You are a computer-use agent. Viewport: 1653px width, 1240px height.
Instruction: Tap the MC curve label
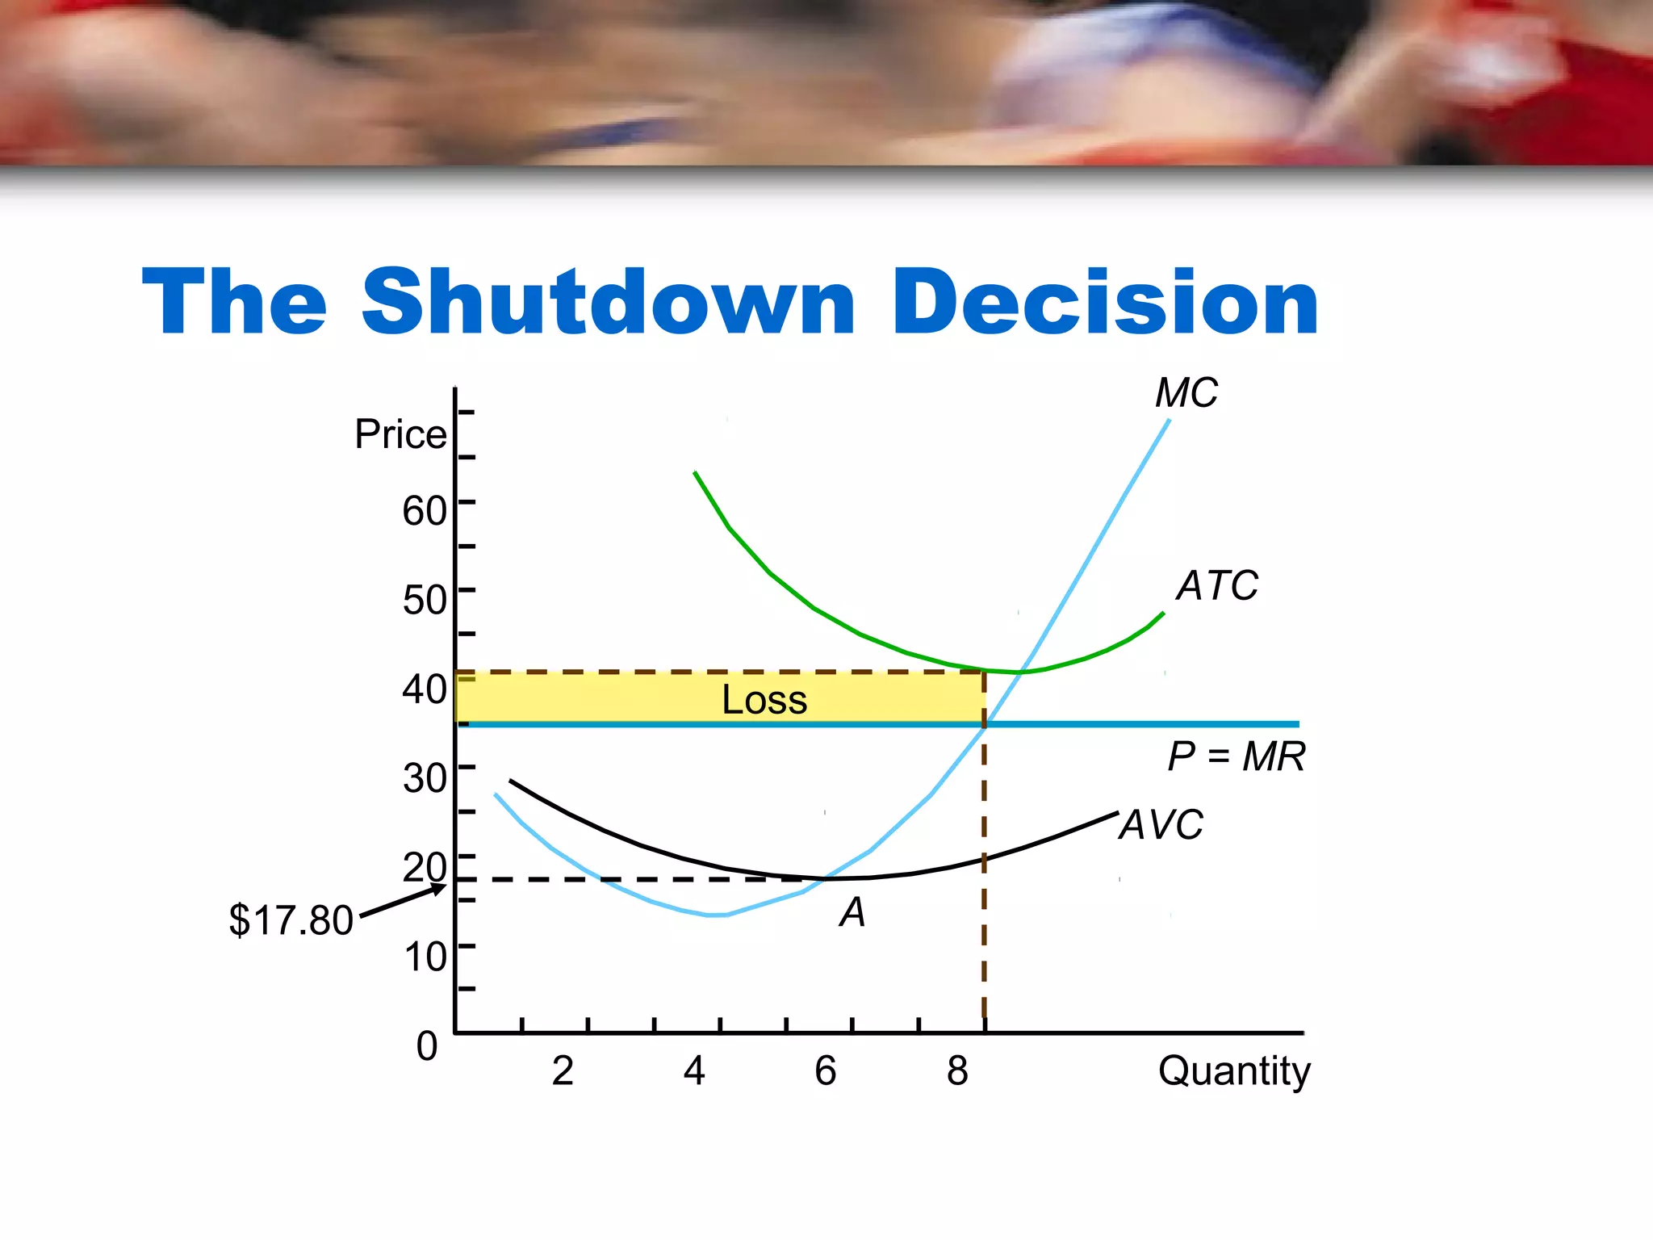coord(1186,394)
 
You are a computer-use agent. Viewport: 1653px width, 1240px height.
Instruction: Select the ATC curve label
coord(1216,585)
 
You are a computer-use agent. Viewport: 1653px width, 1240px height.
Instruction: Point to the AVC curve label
coord(1161,825)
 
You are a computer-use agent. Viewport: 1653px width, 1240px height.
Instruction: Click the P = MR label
coord(1236,757)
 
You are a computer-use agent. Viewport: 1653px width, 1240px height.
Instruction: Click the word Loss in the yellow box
coord(764,699)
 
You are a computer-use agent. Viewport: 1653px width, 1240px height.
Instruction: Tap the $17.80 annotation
coord(291,920)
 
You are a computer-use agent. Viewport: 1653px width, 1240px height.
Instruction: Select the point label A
coord(852,913)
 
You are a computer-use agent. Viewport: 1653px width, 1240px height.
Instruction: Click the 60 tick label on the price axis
coord(425,511)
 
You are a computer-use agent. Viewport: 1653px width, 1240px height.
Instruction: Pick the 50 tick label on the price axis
coord(425,600)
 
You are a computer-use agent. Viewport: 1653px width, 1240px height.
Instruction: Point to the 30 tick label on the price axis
coord(425,778)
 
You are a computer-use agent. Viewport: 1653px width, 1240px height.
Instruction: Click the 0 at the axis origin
coord(427,1046)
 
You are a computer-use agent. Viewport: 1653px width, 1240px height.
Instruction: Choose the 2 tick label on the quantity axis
coord(563,1071)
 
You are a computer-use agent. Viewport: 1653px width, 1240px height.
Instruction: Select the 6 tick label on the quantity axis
coord(825,1071)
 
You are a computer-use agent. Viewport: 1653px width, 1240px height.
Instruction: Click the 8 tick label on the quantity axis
coord(957,1071)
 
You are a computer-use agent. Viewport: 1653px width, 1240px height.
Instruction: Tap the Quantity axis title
coord(1233,1072)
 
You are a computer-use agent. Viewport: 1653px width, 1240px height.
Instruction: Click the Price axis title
coord(400,434)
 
